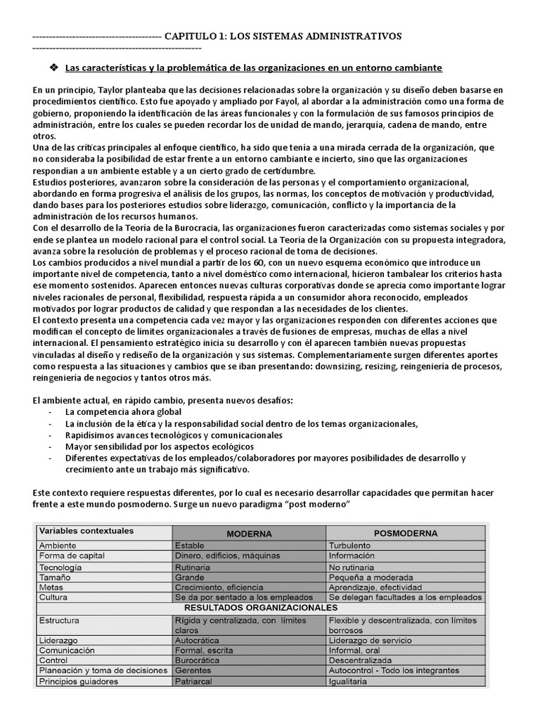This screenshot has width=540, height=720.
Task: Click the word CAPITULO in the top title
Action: click(191, 36)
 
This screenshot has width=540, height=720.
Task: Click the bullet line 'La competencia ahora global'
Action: click(123, 412)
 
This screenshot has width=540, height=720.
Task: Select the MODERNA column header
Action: click(249, 533)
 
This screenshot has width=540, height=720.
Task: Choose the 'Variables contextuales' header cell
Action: click(86, 531)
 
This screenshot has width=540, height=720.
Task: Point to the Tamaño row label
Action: click(56, 577)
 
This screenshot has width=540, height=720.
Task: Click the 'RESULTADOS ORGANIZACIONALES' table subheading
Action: click(260, 607)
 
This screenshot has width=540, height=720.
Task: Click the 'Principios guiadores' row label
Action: click(79, 681)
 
